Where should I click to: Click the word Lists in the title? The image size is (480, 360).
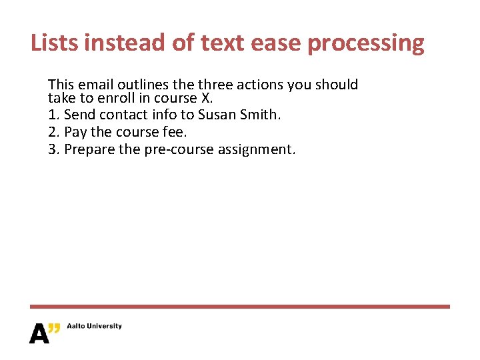pos(56,43)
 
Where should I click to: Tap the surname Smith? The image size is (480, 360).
pos(261,115)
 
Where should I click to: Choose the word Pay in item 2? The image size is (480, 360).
pos(75,132)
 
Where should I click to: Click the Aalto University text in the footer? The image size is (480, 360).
pos(94,326)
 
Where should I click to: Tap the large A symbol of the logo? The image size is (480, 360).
pos(39,333)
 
